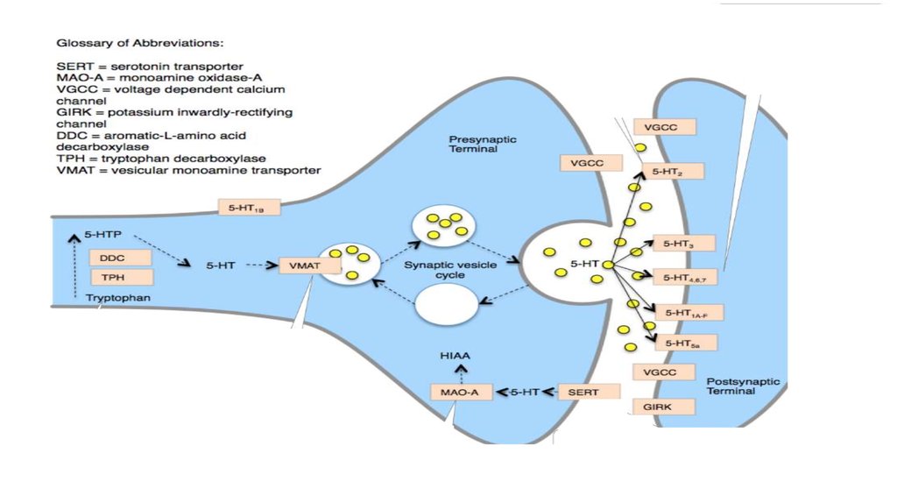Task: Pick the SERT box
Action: click(x=583, y=392)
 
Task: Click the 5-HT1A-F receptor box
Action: click(x=688, y=312)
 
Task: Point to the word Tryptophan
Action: click(x=119, y=299)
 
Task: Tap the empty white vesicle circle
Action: click(x=445, y=307)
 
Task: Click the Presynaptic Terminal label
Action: click(x=473, y=144)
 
